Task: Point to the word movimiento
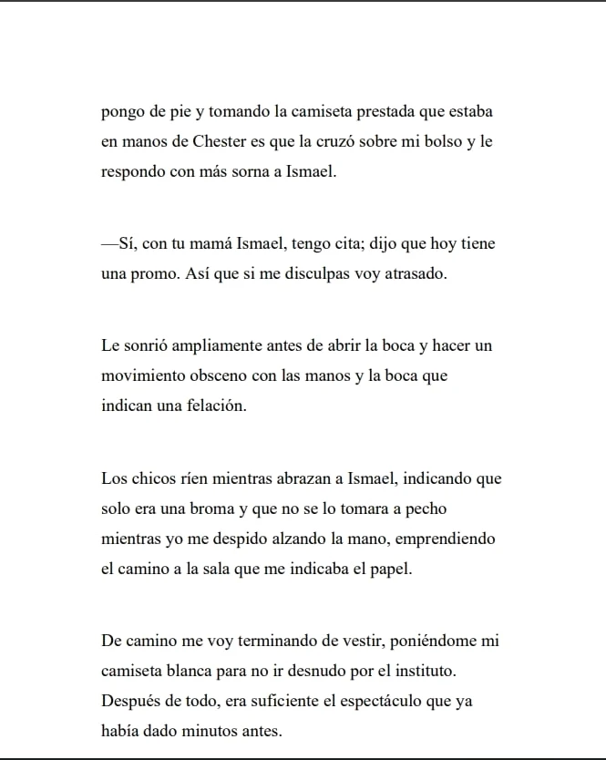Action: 139,375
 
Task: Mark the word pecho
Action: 425,508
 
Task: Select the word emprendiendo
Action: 446,539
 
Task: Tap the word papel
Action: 392,569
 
